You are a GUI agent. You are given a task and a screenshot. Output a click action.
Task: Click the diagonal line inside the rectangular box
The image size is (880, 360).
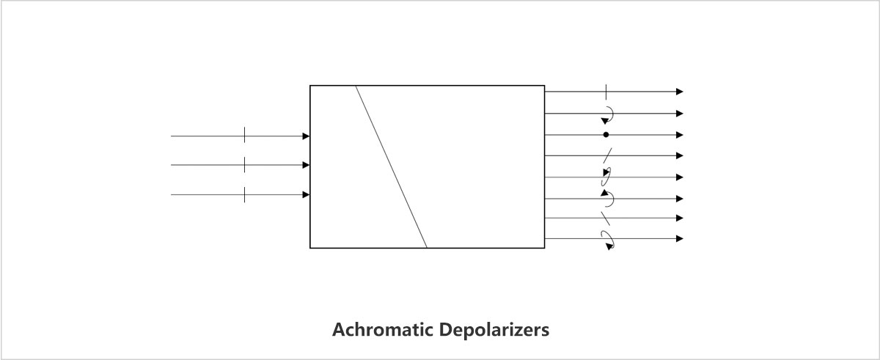[392, 167]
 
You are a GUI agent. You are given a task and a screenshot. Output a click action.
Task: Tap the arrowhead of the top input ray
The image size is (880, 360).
[306, 136]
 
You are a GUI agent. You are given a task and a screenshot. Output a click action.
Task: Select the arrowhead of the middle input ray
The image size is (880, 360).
[306, 165]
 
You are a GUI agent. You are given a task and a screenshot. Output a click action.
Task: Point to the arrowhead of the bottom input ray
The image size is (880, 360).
[306, 194]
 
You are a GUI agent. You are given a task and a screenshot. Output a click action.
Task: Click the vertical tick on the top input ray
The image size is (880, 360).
[244, 136]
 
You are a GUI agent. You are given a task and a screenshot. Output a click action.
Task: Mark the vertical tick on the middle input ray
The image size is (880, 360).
[244, 165]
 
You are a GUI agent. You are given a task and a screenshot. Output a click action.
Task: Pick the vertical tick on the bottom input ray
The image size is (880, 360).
[244, 194]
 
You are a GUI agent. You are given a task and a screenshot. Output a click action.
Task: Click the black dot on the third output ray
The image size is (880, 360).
[606, 135]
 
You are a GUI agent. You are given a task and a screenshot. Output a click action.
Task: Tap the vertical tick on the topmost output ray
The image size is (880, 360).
[606, 92]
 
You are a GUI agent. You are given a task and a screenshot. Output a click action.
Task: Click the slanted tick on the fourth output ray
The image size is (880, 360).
[607, 156]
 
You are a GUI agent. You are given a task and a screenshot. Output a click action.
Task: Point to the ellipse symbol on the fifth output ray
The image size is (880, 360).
[606, 177]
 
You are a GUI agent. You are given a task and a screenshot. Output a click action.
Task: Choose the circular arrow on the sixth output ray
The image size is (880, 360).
[607, 198]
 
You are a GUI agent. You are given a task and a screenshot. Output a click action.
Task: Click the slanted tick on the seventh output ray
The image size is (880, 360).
[606, 218]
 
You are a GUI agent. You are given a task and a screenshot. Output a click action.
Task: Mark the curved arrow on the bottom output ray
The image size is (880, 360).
[608, 239]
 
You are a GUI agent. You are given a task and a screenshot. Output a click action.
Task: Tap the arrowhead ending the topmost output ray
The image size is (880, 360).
[680, 92]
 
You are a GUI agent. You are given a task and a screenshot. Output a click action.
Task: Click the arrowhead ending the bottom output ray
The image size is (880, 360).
[680, 238]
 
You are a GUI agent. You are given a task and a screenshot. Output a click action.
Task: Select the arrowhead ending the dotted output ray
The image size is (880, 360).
[680, 135]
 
